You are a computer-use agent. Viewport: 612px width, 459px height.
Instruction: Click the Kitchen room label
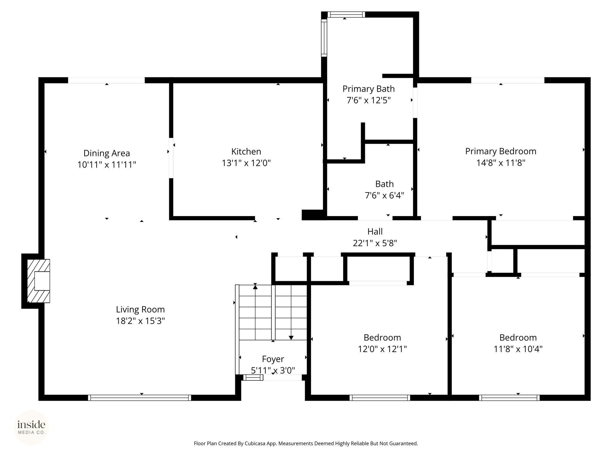tap(246, 152)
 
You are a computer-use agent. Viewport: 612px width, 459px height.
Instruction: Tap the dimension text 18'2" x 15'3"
tap(140, 321)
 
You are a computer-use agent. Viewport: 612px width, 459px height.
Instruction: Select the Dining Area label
tap(107, 153)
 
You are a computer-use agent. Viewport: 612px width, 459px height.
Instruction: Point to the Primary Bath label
tap(368, 89)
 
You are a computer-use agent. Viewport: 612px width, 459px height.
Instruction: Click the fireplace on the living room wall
tap(39, 281)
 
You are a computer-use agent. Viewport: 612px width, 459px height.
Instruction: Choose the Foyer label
tap(273, 359)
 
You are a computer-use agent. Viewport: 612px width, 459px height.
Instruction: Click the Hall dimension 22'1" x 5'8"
tap(375, 243)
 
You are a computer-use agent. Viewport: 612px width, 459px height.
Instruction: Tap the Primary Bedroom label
tap(501, 151)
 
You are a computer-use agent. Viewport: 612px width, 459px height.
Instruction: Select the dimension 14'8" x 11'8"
tap(501, 163)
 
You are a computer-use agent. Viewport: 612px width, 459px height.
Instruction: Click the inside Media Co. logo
tap(31, 427)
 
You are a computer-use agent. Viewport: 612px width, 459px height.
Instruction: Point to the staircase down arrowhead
tap(291, 338)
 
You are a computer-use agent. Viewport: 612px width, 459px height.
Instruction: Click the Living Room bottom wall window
tap(140, 398)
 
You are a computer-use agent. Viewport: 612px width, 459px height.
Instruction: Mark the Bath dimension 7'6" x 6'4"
tap(384, 195)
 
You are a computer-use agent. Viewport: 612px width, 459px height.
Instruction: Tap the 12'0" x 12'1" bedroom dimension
tap(382, 349)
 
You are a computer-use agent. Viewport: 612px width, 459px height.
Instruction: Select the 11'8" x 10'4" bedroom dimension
tap(518, 349)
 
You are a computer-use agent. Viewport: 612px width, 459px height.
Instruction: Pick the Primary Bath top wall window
tap(346, 15)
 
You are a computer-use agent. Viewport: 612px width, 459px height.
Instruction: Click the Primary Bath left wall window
tap(324, 38)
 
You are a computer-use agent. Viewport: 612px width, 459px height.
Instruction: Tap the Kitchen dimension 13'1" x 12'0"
tap(246, 163)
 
